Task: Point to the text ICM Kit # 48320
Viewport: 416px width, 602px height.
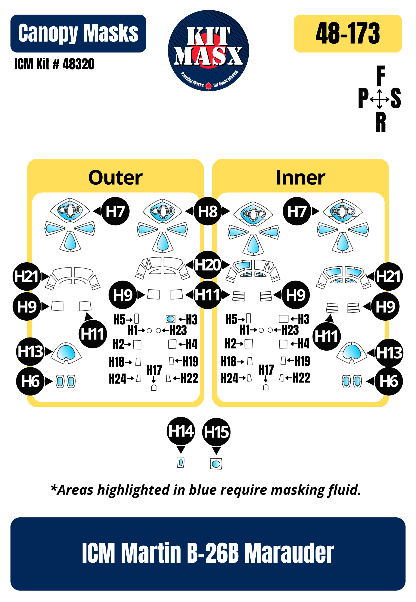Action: pos(54,64)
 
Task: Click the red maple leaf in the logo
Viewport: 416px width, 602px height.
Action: pos(208,85)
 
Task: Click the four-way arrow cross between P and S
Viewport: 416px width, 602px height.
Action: pos(379,99)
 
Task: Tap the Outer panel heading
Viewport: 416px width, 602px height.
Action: pos(115,178)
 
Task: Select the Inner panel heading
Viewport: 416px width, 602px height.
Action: pos(301,178)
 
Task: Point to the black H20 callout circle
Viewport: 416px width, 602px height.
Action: pos(208,265)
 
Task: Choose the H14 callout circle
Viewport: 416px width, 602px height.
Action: pos(181,431)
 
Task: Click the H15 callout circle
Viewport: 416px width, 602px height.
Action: pos(216,432)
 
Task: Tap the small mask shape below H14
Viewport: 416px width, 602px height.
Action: pos(181,462)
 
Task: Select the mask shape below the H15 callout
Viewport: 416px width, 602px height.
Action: pos(216,464)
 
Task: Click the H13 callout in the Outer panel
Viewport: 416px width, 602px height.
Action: pos(30,351)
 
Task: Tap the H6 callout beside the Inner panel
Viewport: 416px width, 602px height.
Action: pos(388,381)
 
